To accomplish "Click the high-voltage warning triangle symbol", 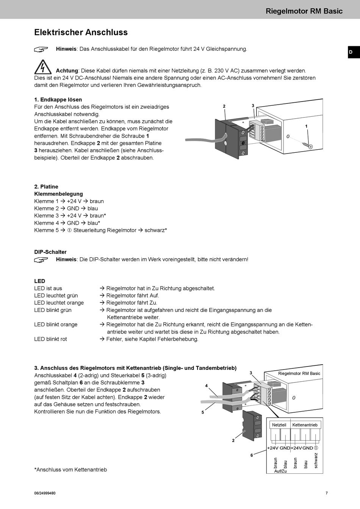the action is tap(43, 67).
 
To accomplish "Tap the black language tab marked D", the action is tap(354, 52).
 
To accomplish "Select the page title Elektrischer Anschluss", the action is tap(81, 32).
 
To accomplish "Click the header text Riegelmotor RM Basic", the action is tap(304, 11).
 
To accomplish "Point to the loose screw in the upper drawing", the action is tap(307, 145).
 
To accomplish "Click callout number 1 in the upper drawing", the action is tap(306, 126).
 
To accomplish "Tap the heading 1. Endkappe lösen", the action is tap(58, 100).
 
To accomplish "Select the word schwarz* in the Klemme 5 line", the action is tap(156, 230).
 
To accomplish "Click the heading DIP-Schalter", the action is tap(50, 252).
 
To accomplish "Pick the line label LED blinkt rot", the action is tap(50, 339).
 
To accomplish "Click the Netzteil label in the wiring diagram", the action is tap(279, 425).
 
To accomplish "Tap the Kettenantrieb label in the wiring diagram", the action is tap(305, 425).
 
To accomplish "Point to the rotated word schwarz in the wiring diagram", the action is tap(316, 460).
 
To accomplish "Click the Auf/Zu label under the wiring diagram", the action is tap(280, 471).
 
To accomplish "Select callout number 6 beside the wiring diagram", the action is tap(252, 456).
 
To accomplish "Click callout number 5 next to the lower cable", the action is tap(203, 412).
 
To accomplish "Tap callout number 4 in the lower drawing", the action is tap(206, 385).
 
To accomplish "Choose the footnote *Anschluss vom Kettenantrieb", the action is tap(70, 470).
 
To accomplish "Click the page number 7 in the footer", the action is tap(327, 493).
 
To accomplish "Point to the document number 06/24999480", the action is tap(45, 493).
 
